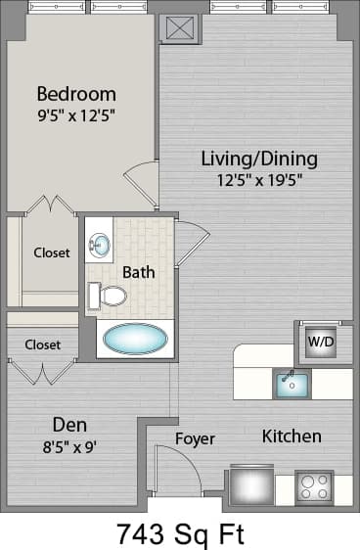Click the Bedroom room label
[76, 95]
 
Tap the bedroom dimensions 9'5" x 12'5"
[76, 115]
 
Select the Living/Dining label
[259, 159]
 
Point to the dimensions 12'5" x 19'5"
[259, 179]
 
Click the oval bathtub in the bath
[136, 339]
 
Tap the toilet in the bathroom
[108, 295]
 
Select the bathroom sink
[100, 244]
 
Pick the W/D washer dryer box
[319, 343]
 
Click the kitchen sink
[291, 385]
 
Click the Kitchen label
[292, 436]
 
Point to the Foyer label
[195, 438]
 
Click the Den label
[69, 426]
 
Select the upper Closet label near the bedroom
[52, 252]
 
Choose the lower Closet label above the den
[42, 344]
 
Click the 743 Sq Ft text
[180, 534]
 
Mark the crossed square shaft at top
[179, 27]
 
